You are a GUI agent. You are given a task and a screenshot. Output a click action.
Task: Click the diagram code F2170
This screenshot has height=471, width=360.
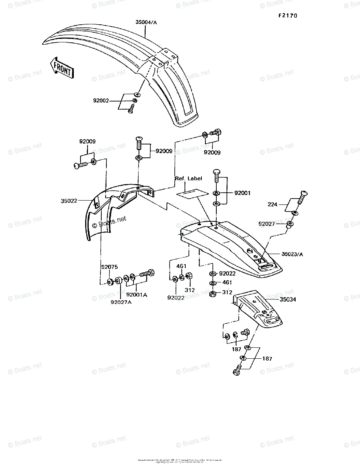288,16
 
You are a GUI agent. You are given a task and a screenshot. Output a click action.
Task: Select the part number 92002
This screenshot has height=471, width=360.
101,100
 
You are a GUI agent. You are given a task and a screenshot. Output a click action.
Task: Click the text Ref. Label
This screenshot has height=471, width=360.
188,179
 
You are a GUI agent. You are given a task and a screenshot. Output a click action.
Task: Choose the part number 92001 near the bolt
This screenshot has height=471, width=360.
242,193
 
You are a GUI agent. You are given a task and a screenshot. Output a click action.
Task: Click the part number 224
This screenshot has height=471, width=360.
272,204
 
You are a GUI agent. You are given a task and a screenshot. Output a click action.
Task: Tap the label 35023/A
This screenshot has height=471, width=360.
292,254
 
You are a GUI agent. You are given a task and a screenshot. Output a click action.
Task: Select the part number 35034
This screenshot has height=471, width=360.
288,299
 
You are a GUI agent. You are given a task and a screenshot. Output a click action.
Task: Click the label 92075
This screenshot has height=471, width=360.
110,267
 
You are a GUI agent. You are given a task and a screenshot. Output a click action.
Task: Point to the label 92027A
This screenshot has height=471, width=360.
121,302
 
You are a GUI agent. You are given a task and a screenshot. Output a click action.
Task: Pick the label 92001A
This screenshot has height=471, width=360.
136,294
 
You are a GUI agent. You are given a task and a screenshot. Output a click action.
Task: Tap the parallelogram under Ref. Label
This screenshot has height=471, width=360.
191,193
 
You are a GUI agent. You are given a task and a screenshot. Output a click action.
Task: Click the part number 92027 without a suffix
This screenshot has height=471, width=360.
267,224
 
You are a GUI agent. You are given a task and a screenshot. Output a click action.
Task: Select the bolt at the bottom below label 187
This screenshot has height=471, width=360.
238,370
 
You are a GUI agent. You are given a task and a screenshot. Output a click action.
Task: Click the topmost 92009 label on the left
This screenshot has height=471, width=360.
87,141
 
